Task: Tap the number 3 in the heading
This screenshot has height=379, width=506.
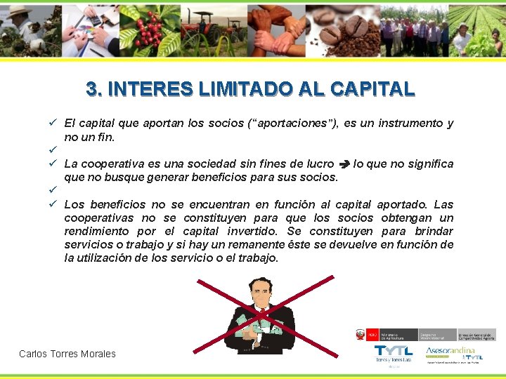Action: [91, 89]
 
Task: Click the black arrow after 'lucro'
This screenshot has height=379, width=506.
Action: [344, 164]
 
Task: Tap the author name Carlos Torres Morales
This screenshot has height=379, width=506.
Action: [67, 354]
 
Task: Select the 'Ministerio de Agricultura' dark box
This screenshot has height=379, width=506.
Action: [398, 335]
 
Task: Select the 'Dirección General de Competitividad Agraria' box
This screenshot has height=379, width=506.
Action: [476, 335]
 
